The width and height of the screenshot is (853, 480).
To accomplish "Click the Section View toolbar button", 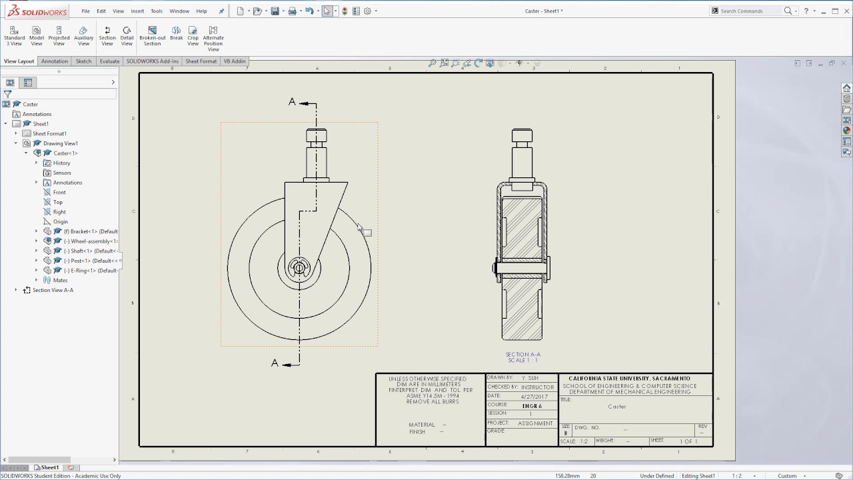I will tap(107, 35).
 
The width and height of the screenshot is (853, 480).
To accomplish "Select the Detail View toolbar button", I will tap(127, 35).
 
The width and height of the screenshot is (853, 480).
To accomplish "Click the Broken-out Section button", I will tap(152, 35).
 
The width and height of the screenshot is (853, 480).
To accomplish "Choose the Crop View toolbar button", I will tap(193, 35).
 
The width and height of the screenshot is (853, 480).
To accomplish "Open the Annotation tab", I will tap(55, 61).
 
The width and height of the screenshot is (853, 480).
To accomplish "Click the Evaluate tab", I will tap(109, 61).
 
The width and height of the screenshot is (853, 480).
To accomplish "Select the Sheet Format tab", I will tap(201, 61).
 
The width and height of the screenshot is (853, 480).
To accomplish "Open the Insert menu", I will tap(137, 11).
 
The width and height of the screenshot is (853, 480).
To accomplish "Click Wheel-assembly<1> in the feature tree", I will tap(93, 241).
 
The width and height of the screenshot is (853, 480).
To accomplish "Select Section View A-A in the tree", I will tap(53, 290).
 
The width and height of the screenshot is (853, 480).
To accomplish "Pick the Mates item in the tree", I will tap(60, 280).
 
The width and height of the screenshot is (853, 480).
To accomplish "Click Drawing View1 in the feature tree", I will tap(60, 143).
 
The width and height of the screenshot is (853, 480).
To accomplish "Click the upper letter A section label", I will tap(292, 102).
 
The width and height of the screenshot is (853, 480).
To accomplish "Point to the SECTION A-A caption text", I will tap(522, 355).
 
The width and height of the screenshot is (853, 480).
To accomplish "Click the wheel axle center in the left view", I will tap(299, 268).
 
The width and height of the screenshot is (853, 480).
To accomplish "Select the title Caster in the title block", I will tap(616, 406).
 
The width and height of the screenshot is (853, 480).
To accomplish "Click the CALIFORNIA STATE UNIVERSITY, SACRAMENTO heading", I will tap(629, 379).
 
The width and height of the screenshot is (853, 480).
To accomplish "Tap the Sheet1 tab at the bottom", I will tap(49, 467).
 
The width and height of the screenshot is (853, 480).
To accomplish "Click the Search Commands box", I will tap(750, 11).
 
